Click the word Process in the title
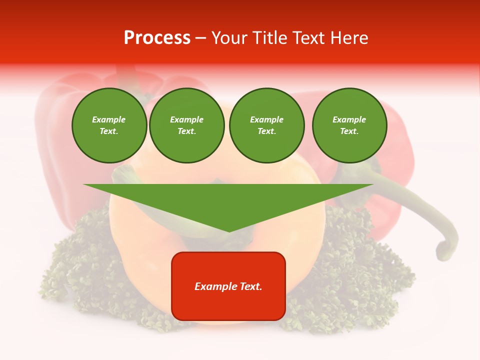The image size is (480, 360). click(x=157, y=38)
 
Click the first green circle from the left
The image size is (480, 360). click(x=109, y=125)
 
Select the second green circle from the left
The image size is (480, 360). click(x=186, y=125)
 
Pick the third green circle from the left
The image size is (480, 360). click(x=266, y=125)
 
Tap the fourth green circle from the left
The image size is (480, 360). click(x=349, y=125)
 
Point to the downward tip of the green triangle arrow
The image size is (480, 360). click(x=229, y=230)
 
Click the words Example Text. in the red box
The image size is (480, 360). click(x=228, y=286)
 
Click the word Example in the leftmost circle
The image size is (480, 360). click(x=109, y=119)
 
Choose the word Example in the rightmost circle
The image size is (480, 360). click(x=349, y=119)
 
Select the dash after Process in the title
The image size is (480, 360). click(x=201, y=38)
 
